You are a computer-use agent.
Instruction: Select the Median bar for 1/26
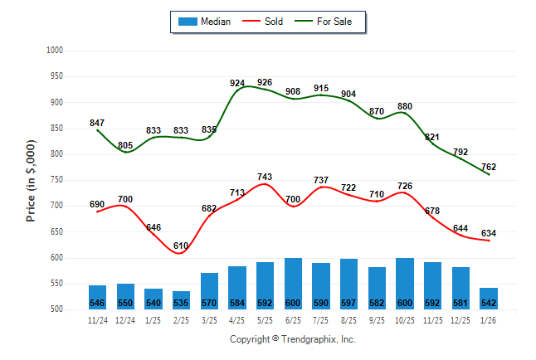[489, 298]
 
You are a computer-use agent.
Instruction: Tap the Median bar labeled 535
[182, 299]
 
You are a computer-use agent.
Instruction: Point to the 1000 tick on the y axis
[55, 51]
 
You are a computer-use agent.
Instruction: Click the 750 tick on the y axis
[56, 180]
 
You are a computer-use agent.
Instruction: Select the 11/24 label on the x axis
[97, 319]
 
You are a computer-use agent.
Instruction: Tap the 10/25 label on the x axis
[405, 319]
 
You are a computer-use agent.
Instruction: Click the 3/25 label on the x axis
[209, 319]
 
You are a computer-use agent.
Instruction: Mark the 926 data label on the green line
[266, 82]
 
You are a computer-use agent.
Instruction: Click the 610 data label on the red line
[182, 246]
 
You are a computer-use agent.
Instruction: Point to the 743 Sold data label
[266, 177]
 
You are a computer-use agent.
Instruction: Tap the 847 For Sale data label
[97, 123]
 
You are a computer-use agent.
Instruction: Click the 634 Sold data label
[489, 233]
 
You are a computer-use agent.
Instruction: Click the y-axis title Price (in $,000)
[32, 180]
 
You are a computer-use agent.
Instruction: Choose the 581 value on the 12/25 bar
[460, 303]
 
